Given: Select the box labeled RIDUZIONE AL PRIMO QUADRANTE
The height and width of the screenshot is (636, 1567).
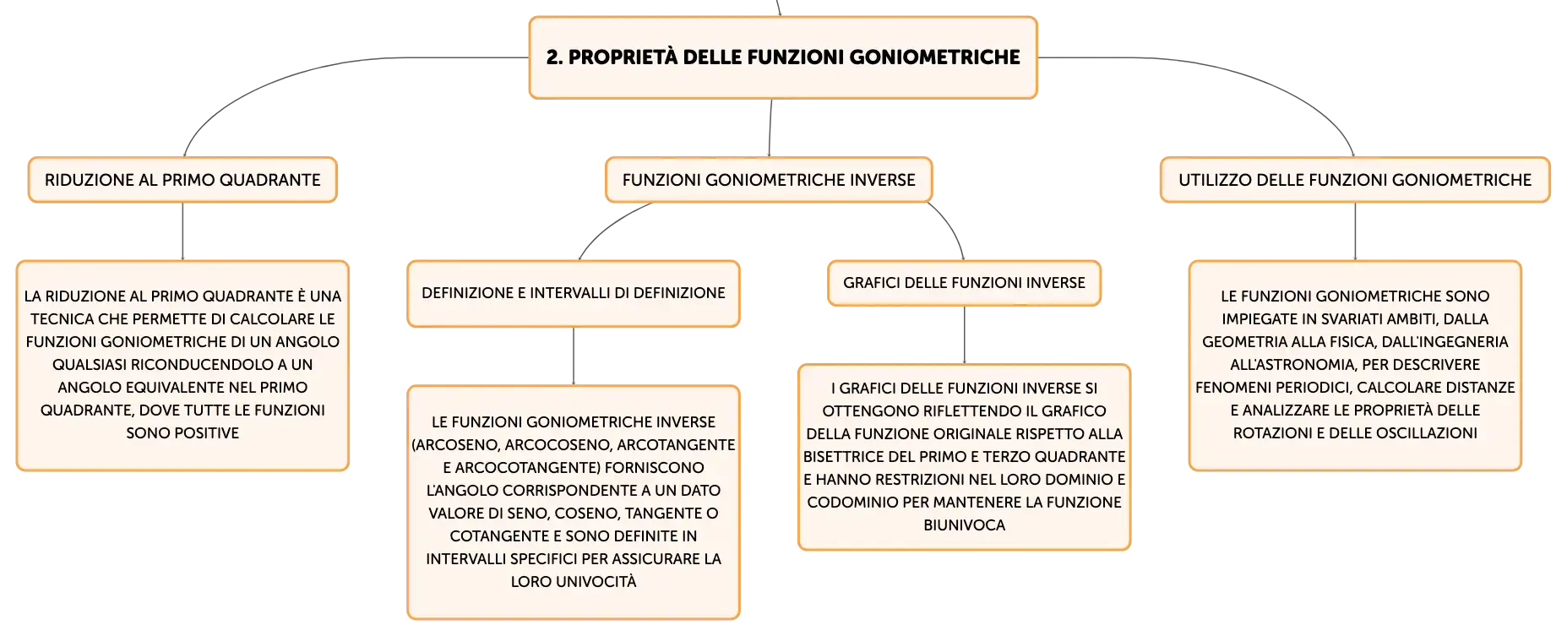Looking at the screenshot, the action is click(182, 180).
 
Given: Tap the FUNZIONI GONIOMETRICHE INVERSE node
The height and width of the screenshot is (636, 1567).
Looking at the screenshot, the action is click(769, 180).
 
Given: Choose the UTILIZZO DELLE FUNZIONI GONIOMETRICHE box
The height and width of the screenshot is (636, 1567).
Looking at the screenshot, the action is click(1355, 180).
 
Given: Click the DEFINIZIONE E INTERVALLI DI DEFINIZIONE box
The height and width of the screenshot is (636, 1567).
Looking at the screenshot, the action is click(574, 293).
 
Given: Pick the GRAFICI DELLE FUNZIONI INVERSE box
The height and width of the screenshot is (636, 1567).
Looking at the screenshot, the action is click(964, 283).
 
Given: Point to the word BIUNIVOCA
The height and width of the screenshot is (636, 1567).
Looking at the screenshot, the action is click(964, 525).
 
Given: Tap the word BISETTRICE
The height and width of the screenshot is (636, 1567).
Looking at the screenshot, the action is click(842, 457).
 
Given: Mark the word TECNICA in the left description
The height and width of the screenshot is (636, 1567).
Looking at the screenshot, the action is click(63, 319).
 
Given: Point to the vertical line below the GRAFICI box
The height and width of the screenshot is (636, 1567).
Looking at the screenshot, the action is click(964, 334).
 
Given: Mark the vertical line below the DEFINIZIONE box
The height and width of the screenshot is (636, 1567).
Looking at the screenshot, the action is click(574, 356).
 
